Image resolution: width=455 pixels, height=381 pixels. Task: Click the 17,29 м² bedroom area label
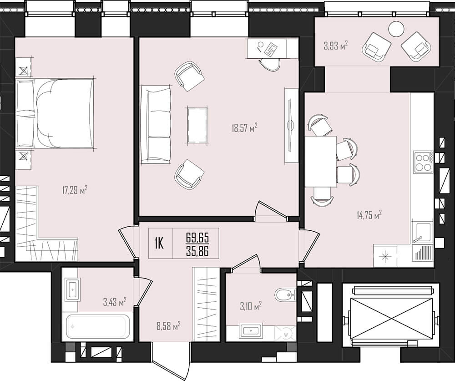pos(75,190)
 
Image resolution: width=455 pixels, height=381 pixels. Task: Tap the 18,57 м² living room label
pos(245,127)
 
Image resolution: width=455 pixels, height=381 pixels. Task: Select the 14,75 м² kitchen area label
pos(369,215)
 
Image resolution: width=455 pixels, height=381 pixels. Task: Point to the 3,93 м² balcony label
pos(336,46)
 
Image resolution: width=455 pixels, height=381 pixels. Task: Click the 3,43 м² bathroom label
pos(115,302)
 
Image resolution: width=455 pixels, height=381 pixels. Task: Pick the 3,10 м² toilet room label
pos(251,306)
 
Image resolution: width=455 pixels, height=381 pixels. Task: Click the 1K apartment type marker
pos(159,243)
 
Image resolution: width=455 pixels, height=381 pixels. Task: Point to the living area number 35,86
pos(197,251)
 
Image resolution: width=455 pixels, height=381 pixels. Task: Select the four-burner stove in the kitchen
pos(423,162)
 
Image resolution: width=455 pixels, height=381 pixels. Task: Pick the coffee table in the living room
pos(197,126)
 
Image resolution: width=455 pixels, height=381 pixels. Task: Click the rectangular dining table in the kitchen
pos(321,162)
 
